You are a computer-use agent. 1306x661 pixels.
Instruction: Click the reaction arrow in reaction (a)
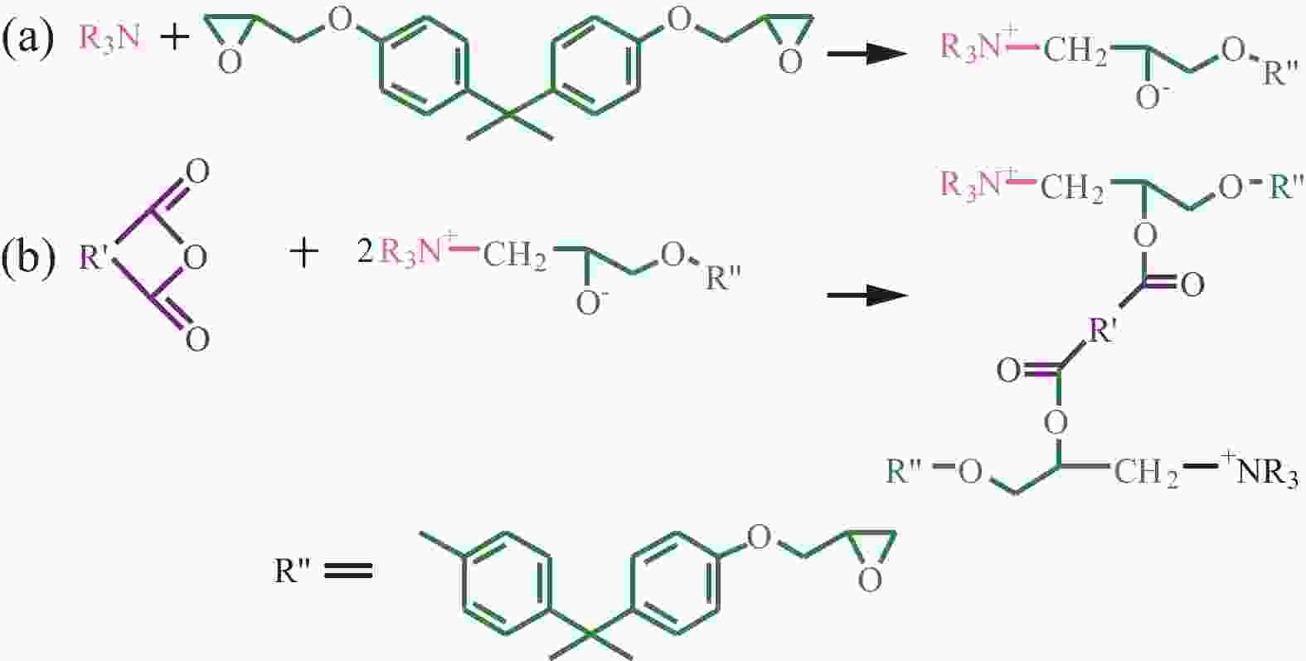[x=867, y=54]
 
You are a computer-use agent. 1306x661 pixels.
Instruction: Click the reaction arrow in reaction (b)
[x=867, y=294]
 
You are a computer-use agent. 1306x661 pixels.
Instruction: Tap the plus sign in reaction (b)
[x=304, y=255]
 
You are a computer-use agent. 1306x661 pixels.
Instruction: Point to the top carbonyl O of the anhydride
[x=197, y=172]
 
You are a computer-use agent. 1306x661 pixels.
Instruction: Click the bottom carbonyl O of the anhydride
[x=197, y=339]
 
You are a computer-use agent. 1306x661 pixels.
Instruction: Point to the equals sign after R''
[x=348, y=570]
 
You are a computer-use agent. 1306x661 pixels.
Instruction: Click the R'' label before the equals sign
[x=294, y=570]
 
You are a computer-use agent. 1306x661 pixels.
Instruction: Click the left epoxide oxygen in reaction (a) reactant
[x=230, y=61]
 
